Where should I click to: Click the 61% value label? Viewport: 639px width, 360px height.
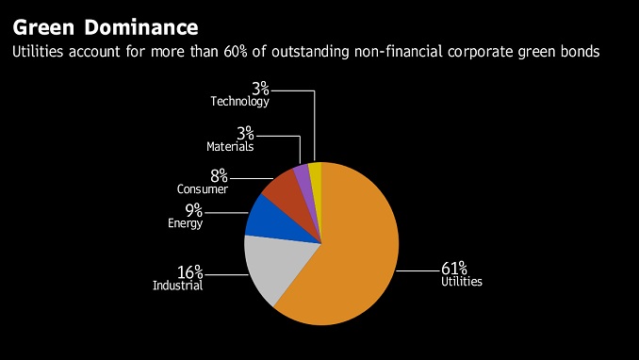pyautogui.click(x=454, y=269)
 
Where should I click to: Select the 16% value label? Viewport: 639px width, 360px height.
pyautogui.click(x=189, y=272)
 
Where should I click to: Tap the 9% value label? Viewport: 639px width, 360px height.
pyautogui.click(x=194, y=210)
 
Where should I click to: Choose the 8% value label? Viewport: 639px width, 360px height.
pyautogui.click(x=219, y=175)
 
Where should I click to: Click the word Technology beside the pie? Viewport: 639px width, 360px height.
pyautogui.click(x=239, y=101)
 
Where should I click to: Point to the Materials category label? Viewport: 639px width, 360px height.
pyautogui.click(x=230, y=146)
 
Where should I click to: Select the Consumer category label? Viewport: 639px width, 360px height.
pyautogui.click(x=203, y=188)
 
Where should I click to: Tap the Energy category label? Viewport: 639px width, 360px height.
pyautogui.click(x=186, y=223)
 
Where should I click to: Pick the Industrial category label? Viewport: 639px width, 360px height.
pyautogui.click(x=178, y=285)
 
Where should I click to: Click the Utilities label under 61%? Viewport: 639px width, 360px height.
pyautogui.click(x=462, y=282)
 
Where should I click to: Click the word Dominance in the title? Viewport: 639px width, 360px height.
pyautogui.click(x=141, y=27)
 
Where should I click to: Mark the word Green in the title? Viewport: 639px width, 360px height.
pyautogui.click(x=43, y=27)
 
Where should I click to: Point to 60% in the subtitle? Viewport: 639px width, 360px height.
pyautogui.click(x=235, y=52)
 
